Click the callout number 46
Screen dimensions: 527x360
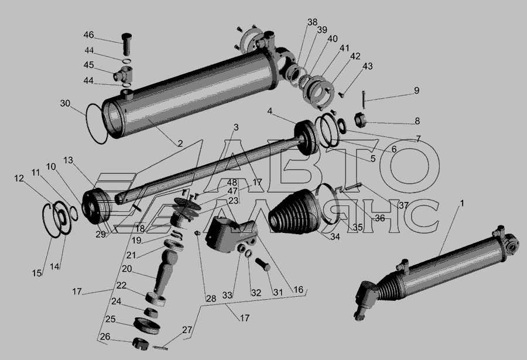(x=89, y=35)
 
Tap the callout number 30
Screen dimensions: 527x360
(x=65, y=103)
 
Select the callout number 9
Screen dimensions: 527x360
(x=416, y=90)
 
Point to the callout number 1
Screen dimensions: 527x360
(x=462, y=203)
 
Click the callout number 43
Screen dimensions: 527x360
(x=367, y=66)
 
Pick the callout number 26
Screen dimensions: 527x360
(x=105, y=337)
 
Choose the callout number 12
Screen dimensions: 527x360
(x=19, y=178)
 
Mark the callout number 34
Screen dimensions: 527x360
(x=335, y=237)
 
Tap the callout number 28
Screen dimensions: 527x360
(x=211, y=298)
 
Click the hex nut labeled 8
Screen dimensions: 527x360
(x=360, y=121)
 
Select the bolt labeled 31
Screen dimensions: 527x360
(x=263, y=264)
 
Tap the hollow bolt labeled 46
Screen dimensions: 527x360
(x=126, y=44)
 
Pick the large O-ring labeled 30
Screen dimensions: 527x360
(x=97, y=124)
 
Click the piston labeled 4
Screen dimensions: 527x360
(x=306, y=138)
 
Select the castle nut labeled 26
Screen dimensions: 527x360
(x=140, y=344)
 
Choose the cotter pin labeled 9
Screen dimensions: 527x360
(x=364, y=100)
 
